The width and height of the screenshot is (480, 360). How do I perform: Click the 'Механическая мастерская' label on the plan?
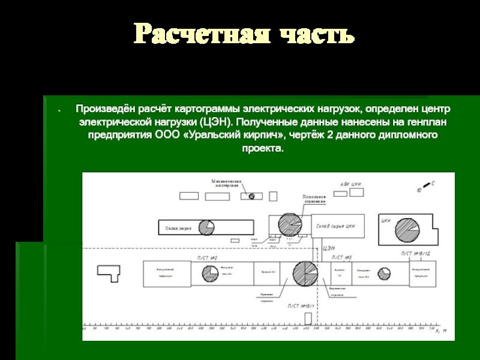pos(226,182)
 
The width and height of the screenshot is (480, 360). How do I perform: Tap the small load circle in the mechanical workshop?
pos(251,196)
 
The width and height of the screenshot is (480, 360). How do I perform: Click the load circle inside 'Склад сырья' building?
pos(206,228)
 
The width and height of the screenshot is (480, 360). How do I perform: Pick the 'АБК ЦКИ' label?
pos(351,184)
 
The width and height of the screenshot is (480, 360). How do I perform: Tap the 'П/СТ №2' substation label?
pos(207,257)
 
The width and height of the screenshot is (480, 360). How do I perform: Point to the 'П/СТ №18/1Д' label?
pos(415,254)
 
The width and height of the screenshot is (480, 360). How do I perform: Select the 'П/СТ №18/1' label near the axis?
pos(301,306)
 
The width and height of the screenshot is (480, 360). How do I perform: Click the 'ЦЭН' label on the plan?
pos(329,248)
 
